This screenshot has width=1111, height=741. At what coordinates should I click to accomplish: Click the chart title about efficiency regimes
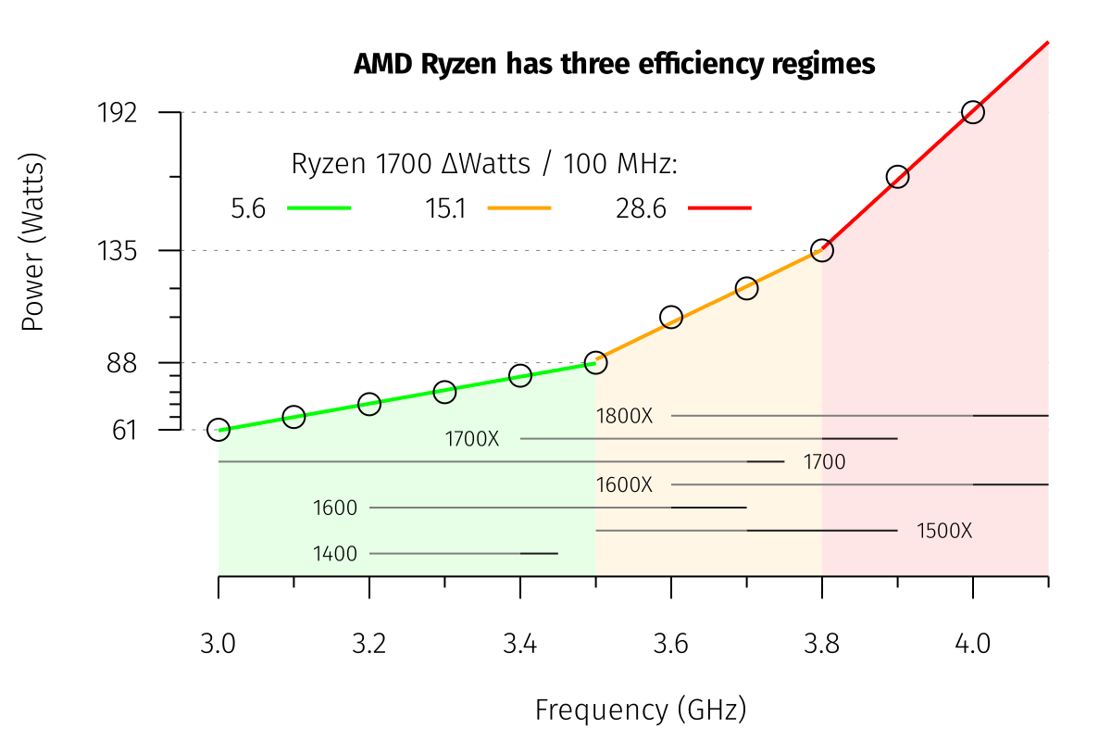[x=614, y=65]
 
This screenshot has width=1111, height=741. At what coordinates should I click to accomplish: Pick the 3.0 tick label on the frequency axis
[x=218, y=644]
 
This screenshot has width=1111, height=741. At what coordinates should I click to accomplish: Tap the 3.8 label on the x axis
[x=822, y=644]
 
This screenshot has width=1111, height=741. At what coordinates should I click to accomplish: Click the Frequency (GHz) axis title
[x=640, y=710]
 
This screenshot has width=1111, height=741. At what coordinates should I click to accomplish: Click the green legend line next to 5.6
[x=319, y=208]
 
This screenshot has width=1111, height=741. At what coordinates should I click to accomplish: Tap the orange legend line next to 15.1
[x=518, y=208]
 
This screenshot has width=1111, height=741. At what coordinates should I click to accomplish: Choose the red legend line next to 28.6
[x=719, y=208]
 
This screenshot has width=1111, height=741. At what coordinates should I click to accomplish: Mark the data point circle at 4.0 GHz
[x=972, y=112]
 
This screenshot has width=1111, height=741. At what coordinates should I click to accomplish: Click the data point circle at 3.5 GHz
[x=595, y=362]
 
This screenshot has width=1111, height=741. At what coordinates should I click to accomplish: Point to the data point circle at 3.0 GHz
[x=218, y=429]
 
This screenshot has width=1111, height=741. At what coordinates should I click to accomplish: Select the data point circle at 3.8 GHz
[x=821, y=250]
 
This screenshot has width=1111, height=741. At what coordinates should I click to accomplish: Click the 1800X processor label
[x=624, y=416]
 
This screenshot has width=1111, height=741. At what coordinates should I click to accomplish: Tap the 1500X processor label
[x=944, y=532]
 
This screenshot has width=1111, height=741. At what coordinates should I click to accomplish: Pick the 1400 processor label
[x=335, y=554]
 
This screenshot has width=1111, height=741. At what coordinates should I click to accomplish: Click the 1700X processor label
[x=472, y=439]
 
